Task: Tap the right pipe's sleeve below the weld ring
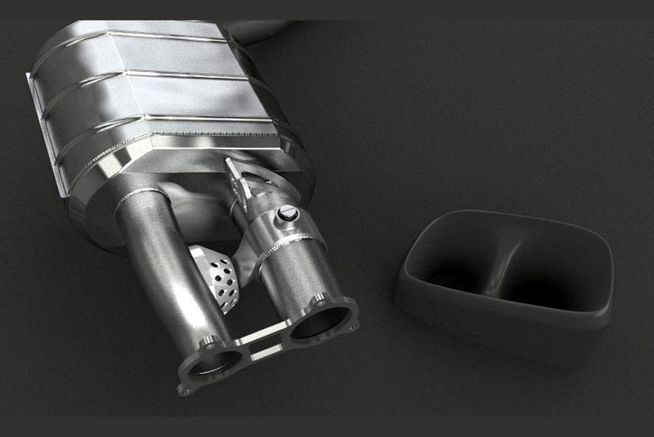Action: [x=294, y=270]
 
